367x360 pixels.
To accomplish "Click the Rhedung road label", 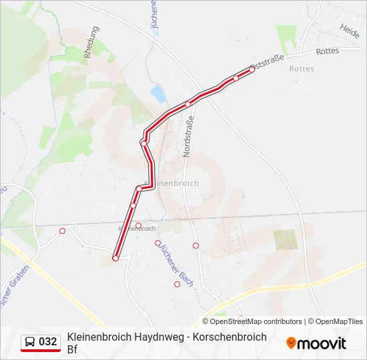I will pos(92,44).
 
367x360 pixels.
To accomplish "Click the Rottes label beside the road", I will pos(328,51).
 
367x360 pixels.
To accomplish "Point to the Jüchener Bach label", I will pos(175,265).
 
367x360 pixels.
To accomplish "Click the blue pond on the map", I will pos(157,93).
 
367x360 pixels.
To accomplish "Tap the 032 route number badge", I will pos(47,342).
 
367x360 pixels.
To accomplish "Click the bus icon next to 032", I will pos(30,342).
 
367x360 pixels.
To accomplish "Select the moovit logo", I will pos(316,343).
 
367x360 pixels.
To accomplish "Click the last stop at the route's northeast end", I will pos(252,69).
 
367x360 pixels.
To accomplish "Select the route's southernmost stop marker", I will pos(115,258).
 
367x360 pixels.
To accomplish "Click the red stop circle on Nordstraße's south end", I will pos(196,245).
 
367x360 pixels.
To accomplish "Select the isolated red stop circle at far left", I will pos(63,231).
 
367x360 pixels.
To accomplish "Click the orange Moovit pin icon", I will pos(291,343).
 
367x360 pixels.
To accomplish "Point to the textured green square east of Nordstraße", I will pos(285,239).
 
